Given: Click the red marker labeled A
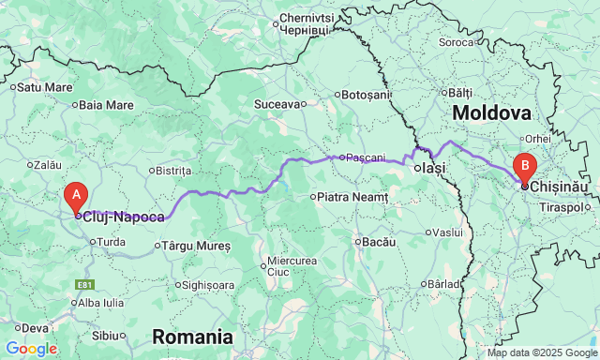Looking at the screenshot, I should click(76, 195).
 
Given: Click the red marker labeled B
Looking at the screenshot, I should click(525, 169).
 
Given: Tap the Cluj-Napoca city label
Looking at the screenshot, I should click(123, 217).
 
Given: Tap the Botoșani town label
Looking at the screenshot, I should click(365, 95).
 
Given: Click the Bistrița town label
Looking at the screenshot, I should click(174, 171).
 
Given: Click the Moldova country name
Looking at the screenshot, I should click(491, 112).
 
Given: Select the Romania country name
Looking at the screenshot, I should click(192, 336).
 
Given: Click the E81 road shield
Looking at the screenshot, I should click(85, 284).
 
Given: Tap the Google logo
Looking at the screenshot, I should click(31, 349).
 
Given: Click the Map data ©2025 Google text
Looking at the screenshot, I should click(539, 353).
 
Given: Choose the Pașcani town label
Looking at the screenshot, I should click(366, 157).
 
